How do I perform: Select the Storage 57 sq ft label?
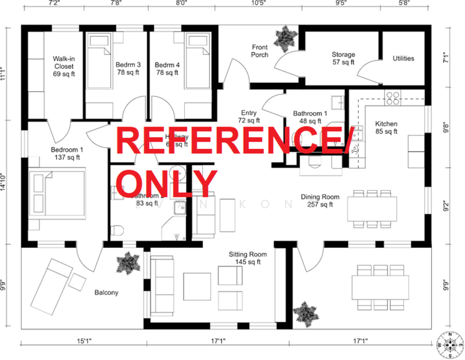(x=343, y=58)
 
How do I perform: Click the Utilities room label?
(x=403, y=58)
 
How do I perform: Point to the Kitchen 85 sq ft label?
(x=386, y=127)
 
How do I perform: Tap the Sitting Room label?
(x=248, y=258)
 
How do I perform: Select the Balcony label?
(x=106, y=293)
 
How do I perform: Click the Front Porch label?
(x=260, y=51)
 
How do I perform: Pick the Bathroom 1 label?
(x=310, y=117)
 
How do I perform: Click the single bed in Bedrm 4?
(x=196, y=52)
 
